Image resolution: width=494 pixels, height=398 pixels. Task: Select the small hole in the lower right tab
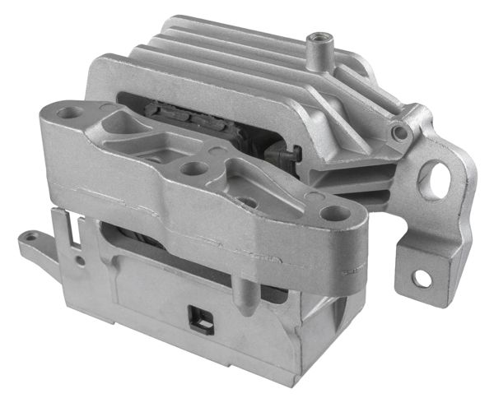(x=421, y=278)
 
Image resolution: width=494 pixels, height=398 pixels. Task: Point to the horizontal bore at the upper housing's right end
(x=401, y=131)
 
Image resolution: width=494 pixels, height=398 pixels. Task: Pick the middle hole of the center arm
(x=193, y=169)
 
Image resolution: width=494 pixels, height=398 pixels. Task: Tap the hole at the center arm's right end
(x=333, y=213)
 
